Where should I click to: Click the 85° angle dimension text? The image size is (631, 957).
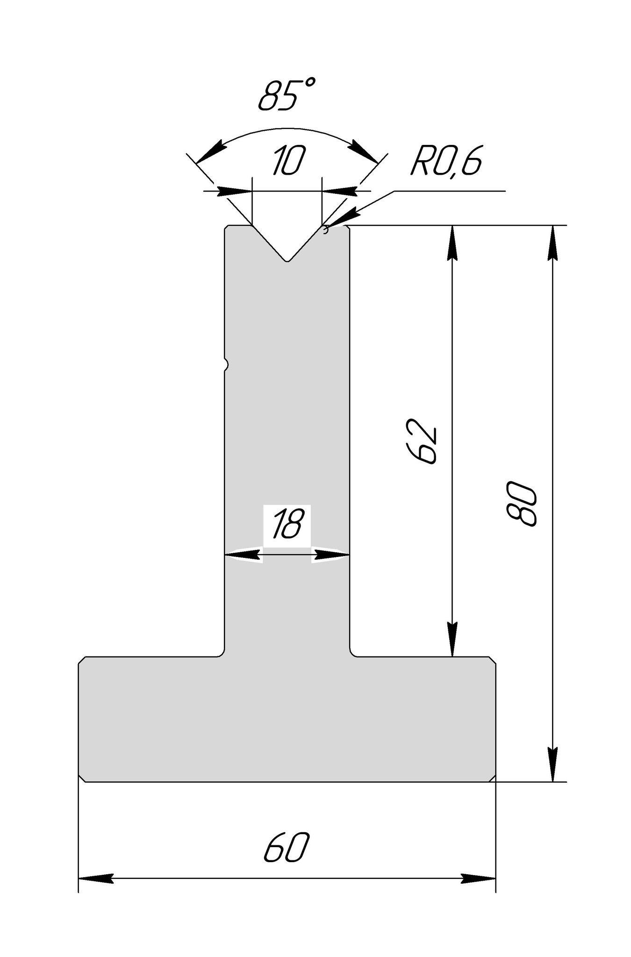tap(286, 96)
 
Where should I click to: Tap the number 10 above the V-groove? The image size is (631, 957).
tap(288, 160)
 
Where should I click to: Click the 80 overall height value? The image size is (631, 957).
tap(521, 505)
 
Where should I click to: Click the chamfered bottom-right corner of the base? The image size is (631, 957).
tap(492, 777)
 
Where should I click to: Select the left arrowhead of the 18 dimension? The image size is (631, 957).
tap(243, 555)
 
